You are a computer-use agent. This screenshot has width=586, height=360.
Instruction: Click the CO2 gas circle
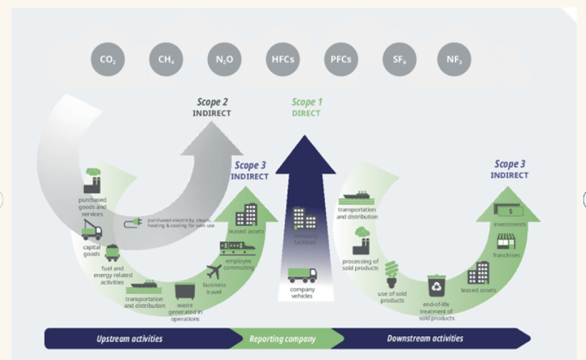pyautogui.click(x=108, y=60)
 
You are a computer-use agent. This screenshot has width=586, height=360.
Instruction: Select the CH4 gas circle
pyautogui.click(x=164, y=60)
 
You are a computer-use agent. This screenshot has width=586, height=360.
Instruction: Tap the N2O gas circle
pyautogui.click(x=222, y=60)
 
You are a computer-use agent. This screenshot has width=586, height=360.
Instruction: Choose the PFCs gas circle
pyautogui.click(x=340, y=60)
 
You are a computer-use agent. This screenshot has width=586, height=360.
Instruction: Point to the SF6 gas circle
pyautogui.click(x=396, y=60)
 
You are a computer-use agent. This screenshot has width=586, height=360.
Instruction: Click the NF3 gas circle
pyautogui.click(x=453, y=60)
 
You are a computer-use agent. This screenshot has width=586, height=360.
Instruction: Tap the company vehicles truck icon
pyautogui.click(x=302, y=275)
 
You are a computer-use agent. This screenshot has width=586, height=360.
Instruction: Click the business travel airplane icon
pyautogui.click(x=214, y=272)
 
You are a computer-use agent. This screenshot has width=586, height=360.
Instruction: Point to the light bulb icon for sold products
pyautogui.click(x=394, y=272)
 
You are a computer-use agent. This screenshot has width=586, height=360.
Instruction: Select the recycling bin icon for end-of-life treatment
pyautogui.click(x=437, y=283)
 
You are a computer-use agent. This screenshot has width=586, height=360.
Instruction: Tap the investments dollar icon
pyautogui.click(x=510, y=210)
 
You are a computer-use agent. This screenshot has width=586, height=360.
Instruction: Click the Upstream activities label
pyautogui.click(x=130, y=339)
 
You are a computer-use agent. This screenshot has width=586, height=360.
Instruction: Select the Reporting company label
pyautogui.click(x=282, y=339)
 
